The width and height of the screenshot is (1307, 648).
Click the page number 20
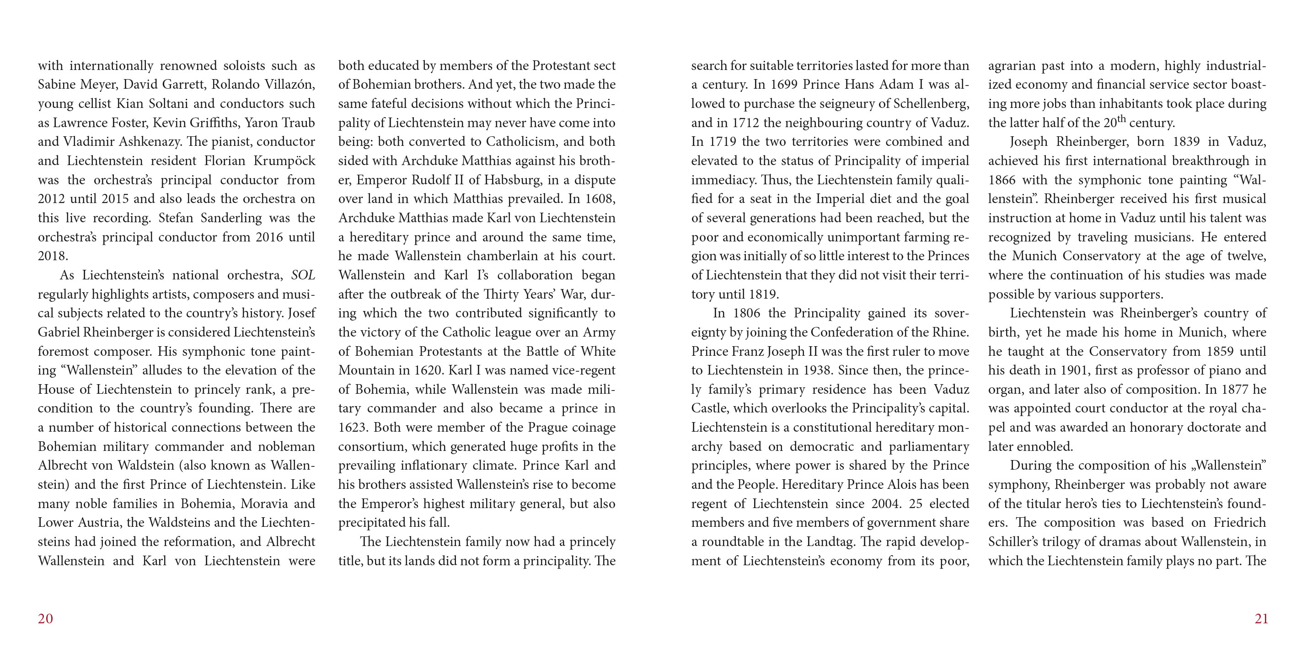point(45,619)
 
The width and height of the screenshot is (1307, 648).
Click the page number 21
point(1261,619)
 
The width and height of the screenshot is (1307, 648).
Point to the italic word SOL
point(303,275)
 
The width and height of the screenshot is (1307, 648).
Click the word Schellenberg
point(931,104)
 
